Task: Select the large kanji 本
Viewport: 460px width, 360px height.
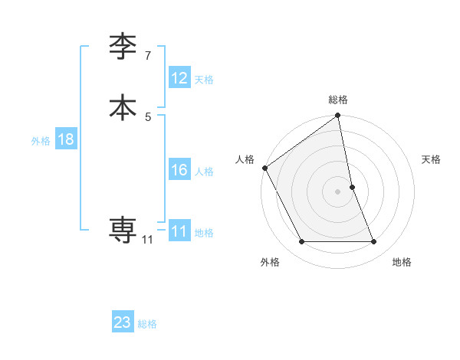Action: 123,106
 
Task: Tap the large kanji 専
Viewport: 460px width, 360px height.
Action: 123,229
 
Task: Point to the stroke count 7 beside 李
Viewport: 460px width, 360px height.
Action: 148,55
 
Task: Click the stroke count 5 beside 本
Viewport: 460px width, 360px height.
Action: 148,116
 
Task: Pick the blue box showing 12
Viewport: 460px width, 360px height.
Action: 179,78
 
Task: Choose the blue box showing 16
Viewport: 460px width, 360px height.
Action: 179,170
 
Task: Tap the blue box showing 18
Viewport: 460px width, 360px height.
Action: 65,139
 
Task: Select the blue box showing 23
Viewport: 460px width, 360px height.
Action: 123,322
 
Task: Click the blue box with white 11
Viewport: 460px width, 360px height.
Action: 179,231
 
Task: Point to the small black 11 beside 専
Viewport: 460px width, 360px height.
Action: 147,240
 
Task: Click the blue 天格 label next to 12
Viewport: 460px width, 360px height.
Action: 204,80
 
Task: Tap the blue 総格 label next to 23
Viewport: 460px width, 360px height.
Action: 147,324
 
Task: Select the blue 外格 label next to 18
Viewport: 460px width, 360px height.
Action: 41,141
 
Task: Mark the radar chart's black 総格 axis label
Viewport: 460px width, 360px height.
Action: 338,100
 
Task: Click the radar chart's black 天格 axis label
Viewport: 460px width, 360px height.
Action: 432,159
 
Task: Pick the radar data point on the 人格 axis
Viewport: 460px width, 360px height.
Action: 264,168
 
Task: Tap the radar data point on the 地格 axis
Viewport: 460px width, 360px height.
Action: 374,242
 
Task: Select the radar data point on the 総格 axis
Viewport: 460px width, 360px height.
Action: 338,116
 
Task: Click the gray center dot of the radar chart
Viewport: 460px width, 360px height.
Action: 338,191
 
